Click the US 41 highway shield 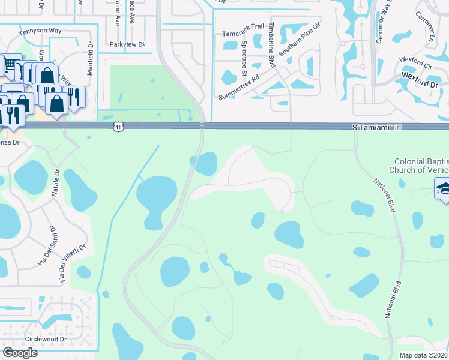pyautogui.click(x=118, y=127)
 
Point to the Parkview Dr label pyautogui.click(x=127, y=44)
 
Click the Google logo pyautogui.click(x=20, y=353)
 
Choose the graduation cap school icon pyautogui.click(x=443, y=191)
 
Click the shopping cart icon pyautogui.click(x=10, y=65)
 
